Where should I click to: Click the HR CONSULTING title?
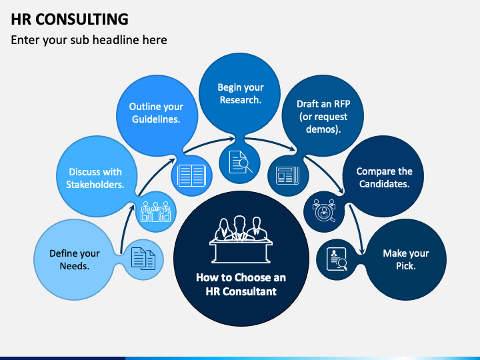pos(69,19)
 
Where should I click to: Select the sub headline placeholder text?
pos(89,40)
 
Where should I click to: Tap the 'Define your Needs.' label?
pos(75,259)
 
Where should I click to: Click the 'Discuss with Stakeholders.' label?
pos(95,178)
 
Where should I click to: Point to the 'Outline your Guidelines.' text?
pos(156,113)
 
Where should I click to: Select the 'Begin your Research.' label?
pos(241,94)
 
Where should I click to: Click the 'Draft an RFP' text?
pos(323,104)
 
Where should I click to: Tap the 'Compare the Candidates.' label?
pos(384,177)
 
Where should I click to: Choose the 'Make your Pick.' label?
pos(406,259)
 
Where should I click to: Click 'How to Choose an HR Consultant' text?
pos(241,285)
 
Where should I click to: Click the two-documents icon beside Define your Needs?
pos(143,259)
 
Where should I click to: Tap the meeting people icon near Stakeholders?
pos(155,211)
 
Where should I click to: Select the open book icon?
pos(191,175)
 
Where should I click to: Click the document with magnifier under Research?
pos(241,162)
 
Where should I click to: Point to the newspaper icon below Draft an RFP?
pos(288,175)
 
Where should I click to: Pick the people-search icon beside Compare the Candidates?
pos(324,210)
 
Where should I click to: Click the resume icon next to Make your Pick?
pos(337,259)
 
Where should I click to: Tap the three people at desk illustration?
pos(241,239)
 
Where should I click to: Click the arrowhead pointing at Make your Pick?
pos(361,251)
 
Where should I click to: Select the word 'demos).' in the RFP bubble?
pos(323,129)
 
